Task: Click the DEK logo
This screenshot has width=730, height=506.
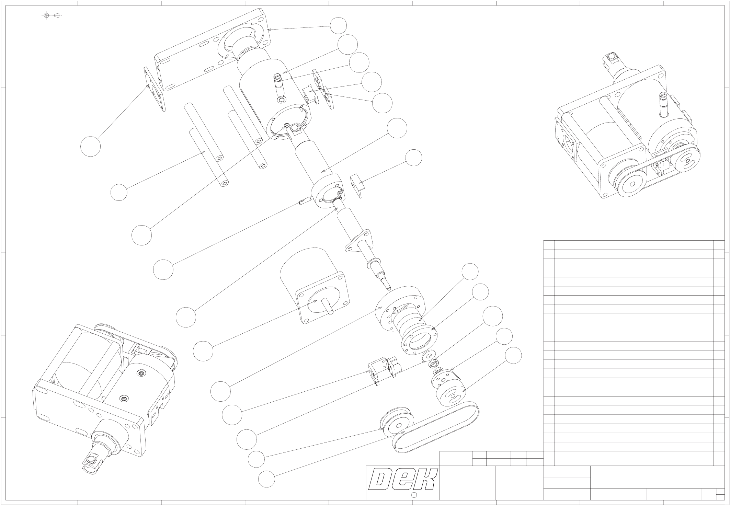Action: (x=403, y=479)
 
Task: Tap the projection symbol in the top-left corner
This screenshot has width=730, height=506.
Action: (x=52, y=15)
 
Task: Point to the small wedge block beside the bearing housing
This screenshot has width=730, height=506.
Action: (x=357, y=185)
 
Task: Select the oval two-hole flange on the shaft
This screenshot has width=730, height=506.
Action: (x=358, y=242)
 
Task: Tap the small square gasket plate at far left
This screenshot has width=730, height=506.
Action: (x=153, y=89)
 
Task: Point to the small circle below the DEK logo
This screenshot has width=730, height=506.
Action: (x=414, y=495)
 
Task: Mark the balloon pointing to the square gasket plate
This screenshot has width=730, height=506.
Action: (x=90, y=146)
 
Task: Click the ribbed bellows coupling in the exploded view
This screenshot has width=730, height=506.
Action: (x=412, y=326)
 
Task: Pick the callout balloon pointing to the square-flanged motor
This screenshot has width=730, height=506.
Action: (x=203, y=351)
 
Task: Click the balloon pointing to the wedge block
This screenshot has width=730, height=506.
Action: (x=413, y=158)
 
